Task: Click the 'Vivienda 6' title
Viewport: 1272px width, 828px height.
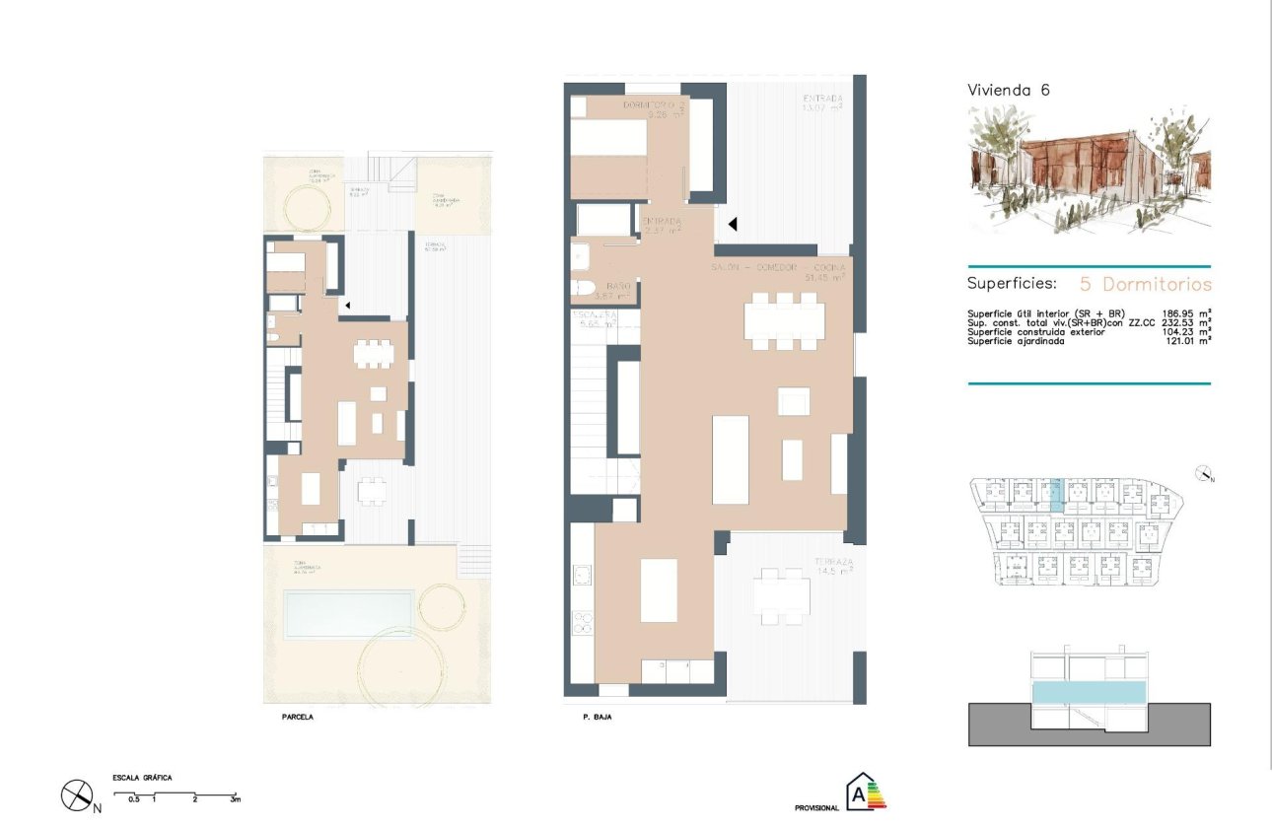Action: pos(1009,90)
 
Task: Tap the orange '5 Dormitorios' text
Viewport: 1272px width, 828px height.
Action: pos(1145,284)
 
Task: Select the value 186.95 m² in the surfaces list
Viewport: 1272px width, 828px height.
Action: pos(1183,314)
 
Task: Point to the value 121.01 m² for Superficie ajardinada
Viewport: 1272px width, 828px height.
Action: pos(1183,341)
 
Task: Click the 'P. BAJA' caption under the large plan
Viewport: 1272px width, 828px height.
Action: pos(597,718)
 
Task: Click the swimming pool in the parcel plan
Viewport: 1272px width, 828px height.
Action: pos(347,612)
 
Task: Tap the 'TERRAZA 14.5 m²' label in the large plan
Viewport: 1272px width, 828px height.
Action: pos(833,568)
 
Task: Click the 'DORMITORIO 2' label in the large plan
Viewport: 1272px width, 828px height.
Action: pos(653,105)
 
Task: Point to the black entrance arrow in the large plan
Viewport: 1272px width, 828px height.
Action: pos(732,225)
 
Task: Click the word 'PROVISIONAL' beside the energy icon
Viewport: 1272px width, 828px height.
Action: pos(816,807)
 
